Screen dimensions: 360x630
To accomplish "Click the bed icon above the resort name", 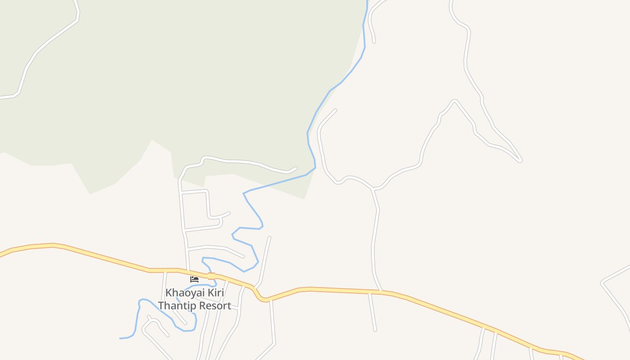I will (194, 279).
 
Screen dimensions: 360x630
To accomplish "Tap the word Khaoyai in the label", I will (183, 292).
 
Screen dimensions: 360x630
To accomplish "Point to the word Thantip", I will (178, 306).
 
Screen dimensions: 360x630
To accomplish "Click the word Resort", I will (215, 306).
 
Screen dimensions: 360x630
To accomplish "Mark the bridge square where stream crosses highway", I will (211, 276).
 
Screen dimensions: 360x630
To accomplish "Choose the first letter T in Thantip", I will (161, 306).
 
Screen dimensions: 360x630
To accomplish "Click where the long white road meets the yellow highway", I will (382, 292).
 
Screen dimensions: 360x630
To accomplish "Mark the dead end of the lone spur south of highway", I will (375, 330).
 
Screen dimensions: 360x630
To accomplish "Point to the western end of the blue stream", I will (120, 338).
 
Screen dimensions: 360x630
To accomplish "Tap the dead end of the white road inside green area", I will (296, 168).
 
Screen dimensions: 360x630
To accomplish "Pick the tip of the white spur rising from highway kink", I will (270, 237).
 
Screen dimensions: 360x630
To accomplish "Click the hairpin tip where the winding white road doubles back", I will (521, 160).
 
